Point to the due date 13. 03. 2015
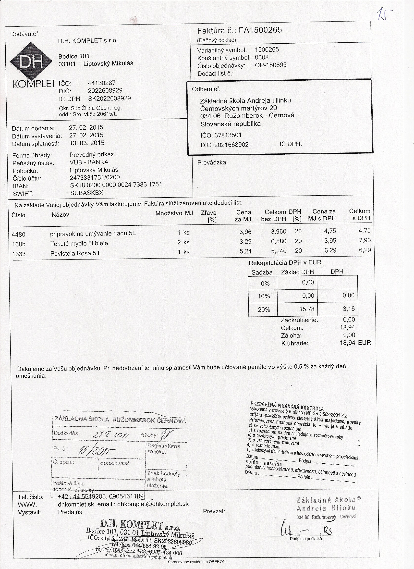pyautogui.click(x=86, y=143)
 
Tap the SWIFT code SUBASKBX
pyautogui.click(x=87, y=193)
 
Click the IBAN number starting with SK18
pyautogui.click(x=116, y=185)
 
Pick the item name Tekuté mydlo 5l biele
pyautogui.click(x=79, y=243)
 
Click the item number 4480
pyautogui.click(x=19, y=234)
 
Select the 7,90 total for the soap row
pyautogui.click(x=365, y=240)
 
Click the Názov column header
pyautogui.click(x=60, y=215)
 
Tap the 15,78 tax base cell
pyautogui.click(x=307, y=309)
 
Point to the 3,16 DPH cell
pyautogui.click(x=349, y=309)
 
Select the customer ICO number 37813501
pyautogui.click(x=228, y=136)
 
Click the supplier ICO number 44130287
pyautogui.click(x=102, y=83)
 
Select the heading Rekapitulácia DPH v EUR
pyautogui.click(x=285, y=263)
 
